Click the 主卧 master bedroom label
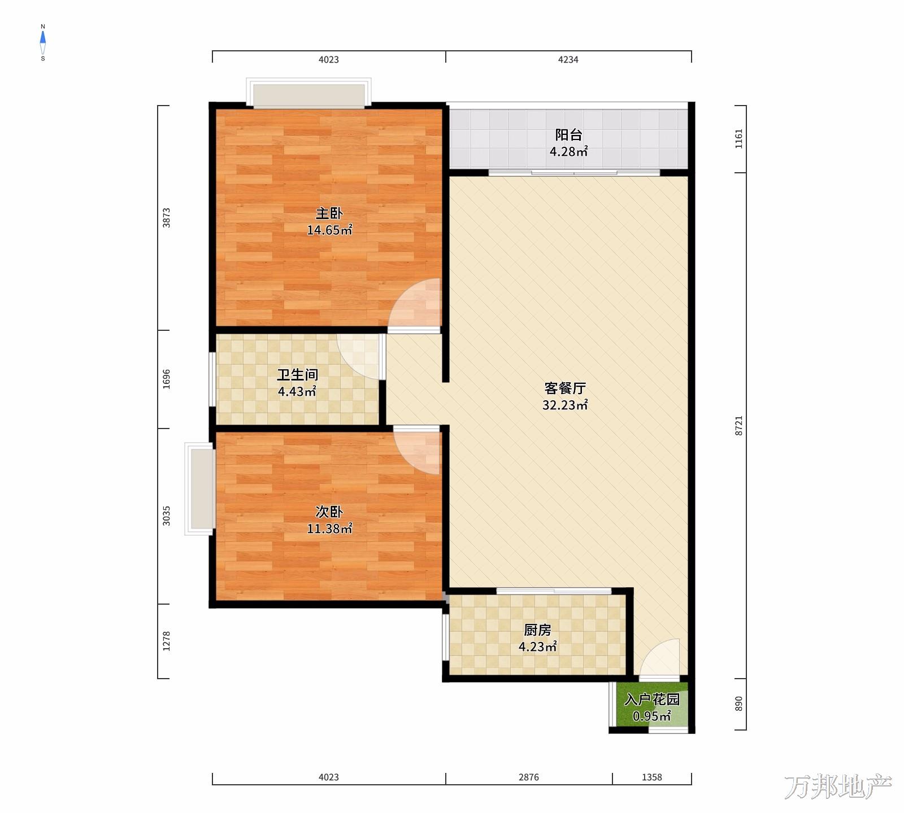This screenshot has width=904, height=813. [329, 213]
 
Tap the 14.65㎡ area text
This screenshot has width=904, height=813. [329, 230]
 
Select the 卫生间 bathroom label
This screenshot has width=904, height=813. [297, 375]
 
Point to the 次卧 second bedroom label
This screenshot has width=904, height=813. [329, 512]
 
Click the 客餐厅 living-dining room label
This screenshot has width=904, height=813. [565, 388]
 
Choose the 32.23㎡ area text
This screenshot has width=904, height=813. [565, 405]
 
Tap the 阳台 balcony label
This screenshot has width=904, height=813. [568, 135]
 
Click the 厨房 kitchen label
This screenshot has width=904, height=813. [537, 630]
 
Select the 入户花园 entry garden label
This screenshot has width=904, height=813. [651, 700]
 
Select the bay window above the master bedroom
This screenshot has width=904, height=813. [308, 93]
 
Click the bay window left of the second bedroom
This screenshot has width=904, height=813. [199, 488]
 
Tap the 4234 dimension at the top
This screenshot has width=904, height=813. [568, 59]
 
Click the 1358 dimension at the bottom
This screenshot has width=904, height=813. [651, 777]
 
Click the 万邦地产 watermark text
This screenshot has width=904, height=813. [838, 787]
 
